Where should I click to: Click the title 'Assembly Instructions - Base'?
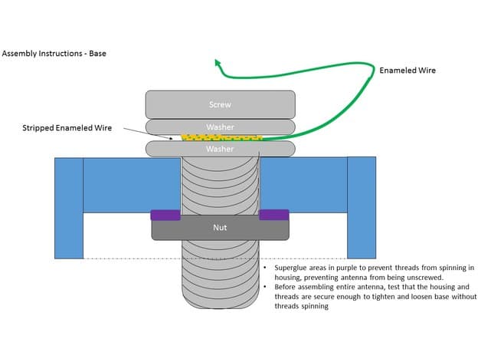point(54,54)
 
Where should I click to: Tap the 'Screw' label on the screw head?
point(220,104)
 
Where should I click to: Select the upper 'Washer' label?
point(220,127)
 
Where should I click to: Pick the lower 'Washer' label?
point(220,149)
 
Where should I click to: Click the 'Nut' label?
point(220,228)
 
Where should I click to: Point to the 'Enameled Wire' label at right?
point(407,71)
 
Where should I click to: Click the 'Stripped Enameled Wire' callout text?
point(67,128)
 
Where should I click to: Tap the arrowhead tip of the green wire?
point(216,60)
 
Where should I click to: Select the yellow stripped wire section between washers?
point(222,138)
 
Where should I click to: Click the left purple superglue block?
point(165,215)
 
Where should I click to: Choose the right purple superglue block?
point(274,215)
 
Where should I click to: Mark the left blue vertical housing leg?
point(69,208)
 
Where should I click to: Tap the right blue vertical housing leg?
point(362,208)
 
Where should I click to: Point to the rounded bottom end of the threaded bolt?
point(221,304)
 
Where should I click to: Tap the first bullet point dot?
point(265,268)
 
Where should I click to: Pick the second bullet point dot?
point(265,287)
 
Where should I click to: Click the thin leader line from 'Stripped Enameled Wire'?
point(148,133)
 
